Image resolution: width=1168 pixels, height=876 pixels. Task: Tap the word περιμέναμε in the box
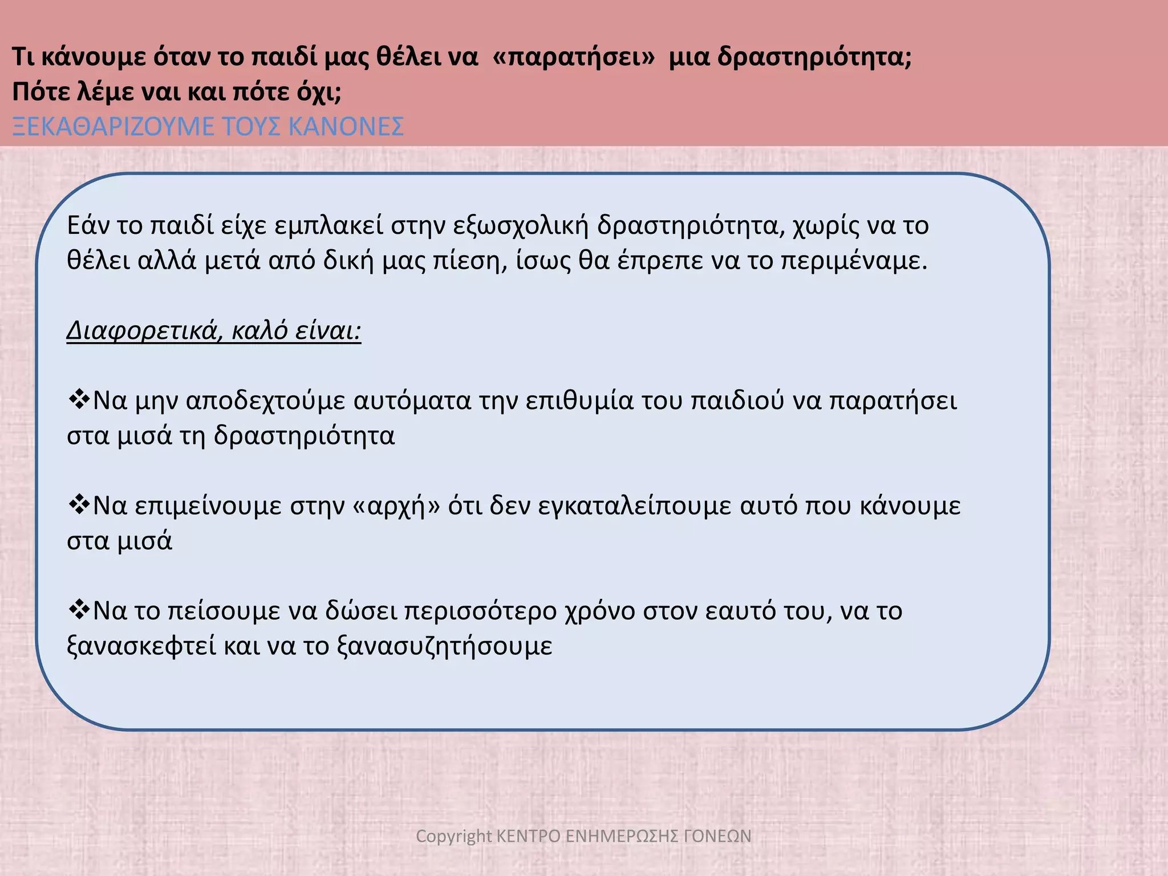click(853, 261)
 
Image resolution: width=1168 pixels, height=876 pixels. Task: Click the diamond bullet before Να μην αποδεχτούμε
click(78, 399)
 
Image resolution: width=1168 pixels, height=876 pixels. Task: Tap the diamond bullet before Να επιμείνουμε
click(78, 504)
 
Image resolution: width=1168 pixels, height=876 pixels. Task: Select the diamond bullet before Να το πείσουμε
click(78, 609)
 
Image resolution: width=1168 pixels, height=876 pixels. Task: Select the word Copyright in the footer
click(453, 836)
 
